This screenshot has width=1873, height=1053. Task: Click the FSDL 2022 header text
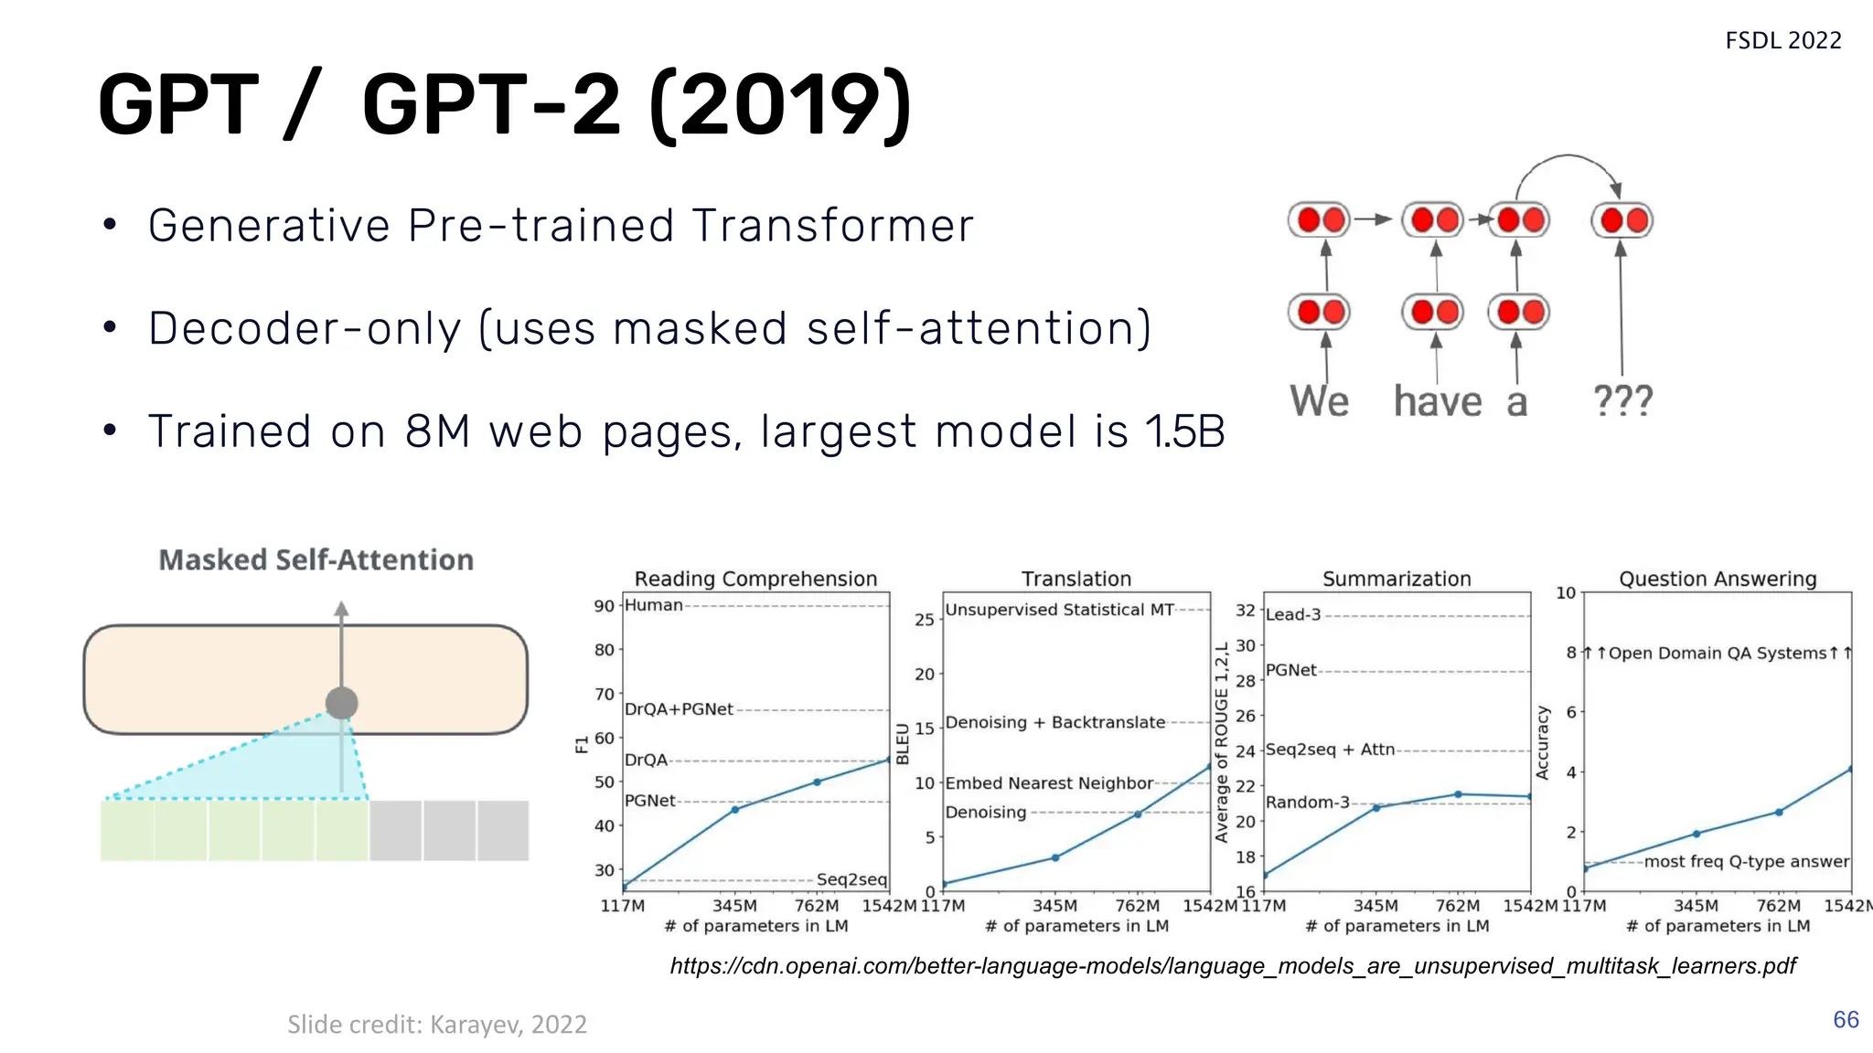click(x=1782, y=41)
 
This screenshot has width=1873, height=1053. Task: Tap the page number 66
click(x=1846, y=1019)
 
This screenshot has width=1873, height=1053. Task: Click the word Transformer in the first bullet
click(x=832, y=226)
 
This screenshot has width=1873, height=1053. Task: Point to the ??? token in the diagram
click(x=1622, y=400)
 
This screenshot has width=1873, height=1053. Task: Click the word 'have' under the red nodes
click(x=1437, y=401)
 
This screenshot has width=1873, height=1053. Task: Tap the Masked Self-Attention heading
click(x=316, y=559)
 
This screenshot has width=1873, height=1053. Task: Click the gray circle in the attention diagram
click(x=341, y=703)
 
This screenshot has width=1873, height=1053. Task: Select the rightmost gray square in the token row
click(x=503, y=830)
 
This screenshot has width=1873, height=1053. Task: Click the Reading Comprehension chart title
click(x=755, y=579)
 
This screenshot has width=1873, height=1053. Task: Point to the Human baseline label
click(x=654, y=605)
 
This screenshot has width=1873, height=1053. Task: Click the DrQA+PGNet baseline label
click(x=679, y=709)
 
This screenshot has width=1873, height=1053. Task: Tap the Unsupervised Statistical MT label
click(x=1059, y=610)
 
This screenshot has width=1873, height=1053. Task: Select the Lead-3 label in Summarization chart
click(x=1293, y=614)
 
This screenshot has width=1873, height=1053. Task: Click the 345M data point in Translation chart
click(x=1055, y=857)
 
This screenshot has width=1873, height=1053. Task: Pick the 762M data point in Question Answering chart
click(x=1779, y=812)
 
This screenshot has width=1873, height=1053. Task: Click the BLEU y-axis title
click(x=903, y=743)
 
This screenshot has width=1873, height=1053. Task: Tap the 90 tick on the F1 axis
click(x=604, y=606)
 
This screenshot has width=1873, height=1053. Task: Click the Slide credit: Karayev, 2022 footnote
click(x=437, y=1024)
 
